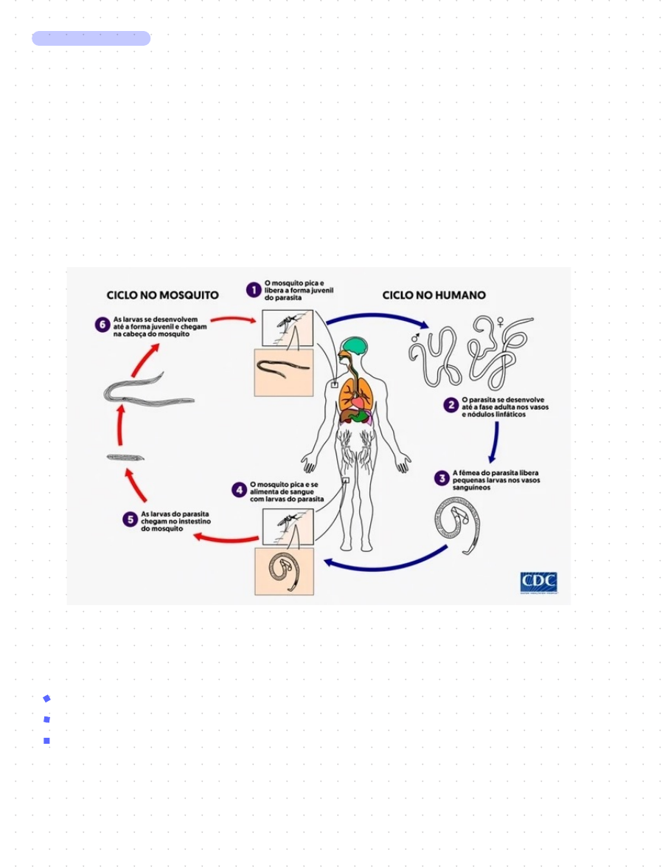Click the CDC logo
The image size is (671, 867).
538,582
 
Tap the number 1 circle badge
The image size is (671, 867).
253,289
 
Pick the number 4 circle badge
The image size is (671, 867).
239,489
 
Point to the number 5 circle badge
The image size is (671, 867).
130,519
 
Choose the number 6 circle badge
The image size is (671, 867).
102,325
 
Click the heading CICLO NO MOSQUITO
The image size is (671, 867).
163,294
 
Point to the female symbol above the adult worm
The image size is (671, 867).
501,322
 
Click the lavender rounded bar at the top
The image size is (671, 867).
91,38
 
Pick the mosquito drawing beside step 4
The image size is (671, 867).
288,525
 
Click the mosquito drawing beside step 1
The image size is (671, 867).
288,325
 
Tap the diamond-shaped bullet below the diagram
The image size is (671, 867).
46,698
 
